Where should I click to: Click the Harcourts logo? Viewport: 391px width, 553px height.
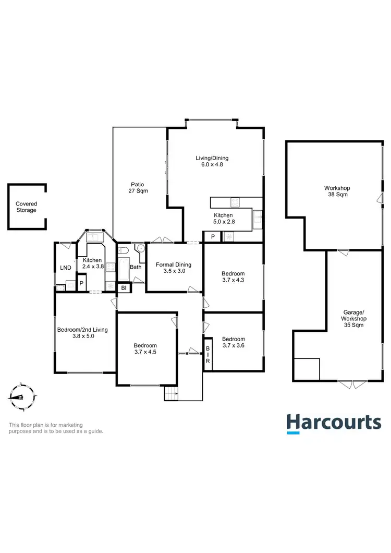click(334, 423)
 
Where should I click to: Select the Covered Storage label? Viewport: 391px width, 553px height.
click(26, 207)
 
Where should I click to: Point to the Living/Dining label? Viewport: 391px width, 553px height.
click(212, 161)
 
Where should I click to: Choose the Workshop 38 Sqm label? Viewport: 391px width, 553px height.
click(337, 191)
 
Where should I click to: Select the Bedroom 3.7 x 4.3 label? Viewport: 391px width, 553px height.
click(232, 277)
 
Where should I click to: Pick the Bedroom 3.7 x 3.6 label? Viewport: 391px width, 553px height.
click(233, 341)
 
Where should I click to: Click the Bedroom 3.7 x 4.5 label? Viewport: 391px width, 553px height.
click(145, 349)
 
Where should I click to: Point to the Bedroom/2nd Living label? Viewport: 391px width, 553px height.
click(83, 333)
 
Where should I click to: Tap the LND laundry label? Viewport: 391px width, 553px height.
click(66, 268)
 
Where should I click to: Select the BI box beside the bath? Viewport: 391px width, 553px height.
click(124, 288)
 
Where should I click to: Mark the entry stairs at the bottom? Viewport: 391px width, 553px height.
click(171, 393)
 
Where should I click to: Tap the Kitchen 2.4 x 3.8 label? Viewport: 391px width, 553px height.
click(93, 263)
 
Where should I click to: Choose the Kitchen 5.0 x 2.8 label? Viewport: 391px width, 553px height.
click(223, 219)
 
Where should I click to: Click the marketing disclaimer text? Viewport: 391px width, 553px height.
click(56, 428)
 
